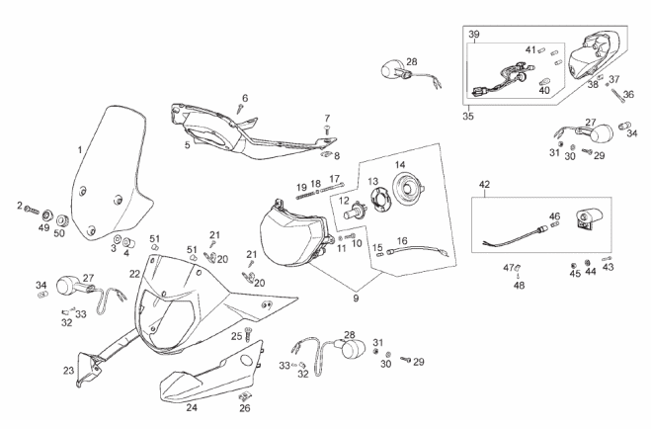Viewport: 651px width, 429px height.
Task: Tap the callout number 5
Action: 187,144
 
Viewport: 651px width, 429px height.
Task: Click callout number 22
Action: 134,274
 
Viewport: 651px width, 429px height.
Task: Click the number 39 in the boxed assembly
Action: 474,36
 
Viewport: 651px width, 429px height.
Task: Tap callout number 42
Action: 484,184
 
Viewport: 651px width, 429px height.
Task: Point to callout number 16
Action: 402,240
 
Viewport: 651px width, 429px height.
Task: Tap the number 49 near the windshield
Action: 43,227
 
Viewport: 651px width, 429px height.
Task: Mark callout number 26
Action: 244,407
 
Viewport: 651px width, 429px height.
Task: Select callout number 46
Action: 554,215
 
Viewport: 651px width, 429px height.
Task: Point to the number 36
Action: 628,95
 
